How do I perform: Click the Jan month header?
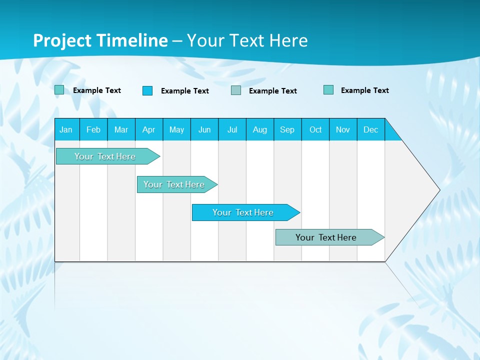[x=66, y=129]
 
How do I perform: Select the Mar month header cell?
[x=121, y=129]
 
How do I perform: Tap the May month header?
[x=176, y=129]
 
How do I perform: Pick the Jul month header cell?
[x=232, y=129]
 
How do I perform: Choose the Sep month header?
[x=287, y=129]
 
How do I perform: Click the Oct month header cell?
[x=315, y=129]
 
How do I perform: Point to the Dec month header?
[x=370, y=129]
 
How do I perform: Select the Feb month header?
[x=93, y=129]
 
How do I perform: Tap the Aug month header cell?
[x=259, y=129]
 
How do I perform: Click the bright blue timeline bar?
[x=243, y=212]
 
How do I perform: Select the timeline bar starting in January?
[x=105, y=156]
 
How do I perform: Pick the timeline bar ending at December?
[x=326, y=237]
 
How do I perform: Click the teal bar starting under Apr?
[x=174, y=184]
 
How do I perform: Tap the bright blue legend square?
[x=147, y=90]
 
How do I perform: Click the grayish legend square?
[x=236, y=90]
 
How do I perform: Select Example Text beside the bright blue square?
[x=184, y=91]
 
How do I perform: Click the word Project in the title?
[x=62, y=40]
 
